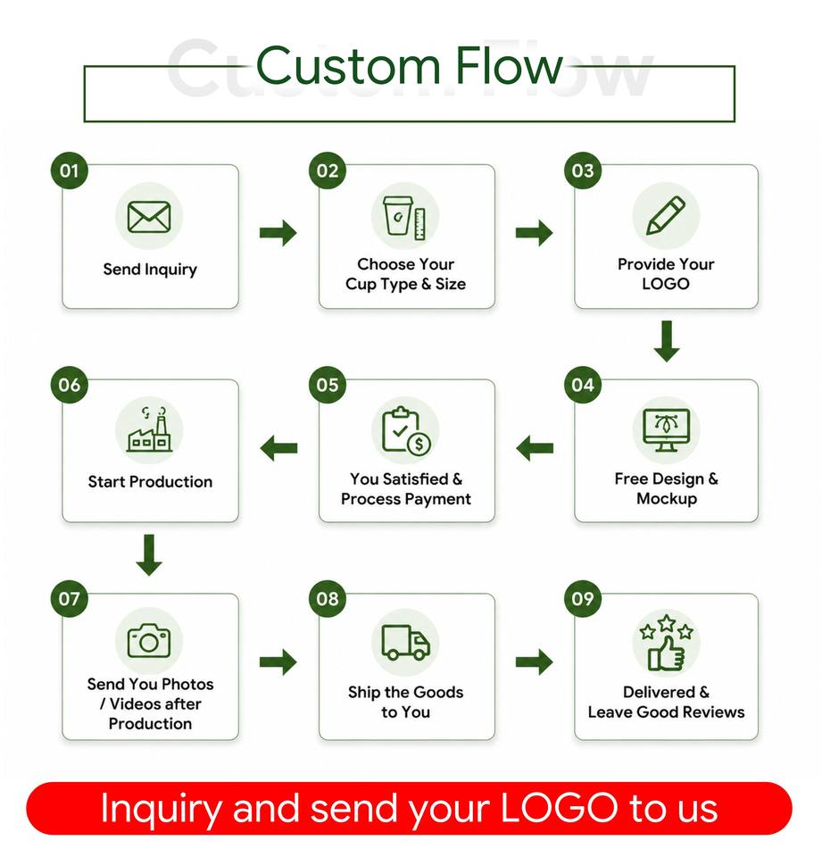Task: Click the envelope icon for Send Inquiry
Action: click(149, 216)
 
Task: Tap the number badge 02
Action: click(328, 171)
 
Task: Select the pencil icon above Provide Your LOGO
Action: click(666, 215)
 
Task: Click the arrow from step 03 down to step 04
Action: click(667, 341)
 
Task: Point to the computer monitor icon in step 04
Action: click(666, 430)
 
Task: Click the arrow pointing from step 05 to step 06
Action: click(278, 448)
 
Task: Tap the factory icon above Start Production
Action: click(149, 429)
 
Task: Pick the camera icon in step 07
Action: click(149, 641)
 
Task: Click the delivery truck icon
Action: click(405, 643)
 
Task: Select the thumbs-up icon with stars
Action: click(666, 642)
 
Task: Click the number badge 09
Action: click(583, 599)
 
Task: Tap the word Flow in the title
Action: click(509, 66)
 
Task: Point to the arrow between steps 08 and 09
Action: click(535, 661)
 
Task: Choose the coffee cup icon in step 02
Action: click(398, 216)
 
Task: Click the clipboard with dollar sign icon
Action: click(405, 430)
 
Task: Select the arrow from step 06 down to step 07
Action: click(149, 554)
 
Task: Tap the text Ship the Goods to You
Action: click(405, 702)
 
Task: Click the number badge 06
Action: click(70, 385)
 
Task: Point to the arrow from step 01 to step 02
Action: click(278, 233)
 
